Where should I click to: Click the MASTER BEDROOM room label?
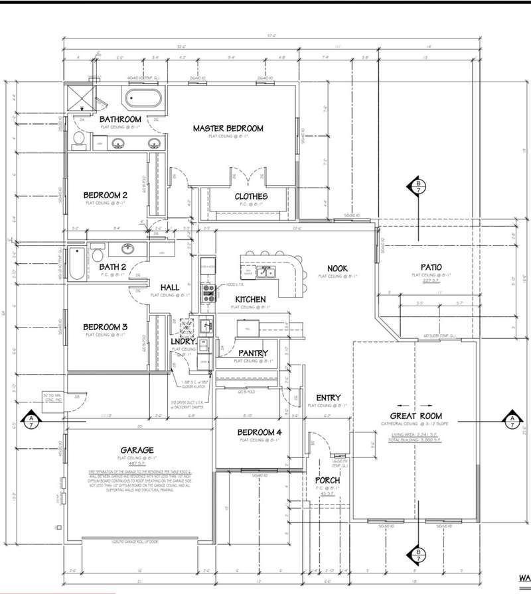coord(228,129)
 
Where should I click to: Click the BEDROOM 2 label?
coord(106,195)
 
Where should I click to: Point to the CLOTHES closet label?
coord(251,196)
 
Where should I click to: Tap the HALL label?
coord(170,287)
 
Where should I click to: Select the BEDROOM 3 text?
coord(105,327)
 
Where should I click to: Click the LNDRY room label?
coord(181,341)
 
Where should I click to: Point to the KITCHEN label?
coord(250,300)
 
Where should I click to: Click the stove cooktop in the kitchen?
coord(209,292)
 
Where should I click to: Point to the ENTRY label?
coord(328,398)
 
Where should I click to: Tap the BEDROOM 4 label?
coord(260,433)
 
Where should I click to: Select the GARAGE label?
coord(137,449)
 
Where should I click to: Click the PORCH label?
coord(328,480)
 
